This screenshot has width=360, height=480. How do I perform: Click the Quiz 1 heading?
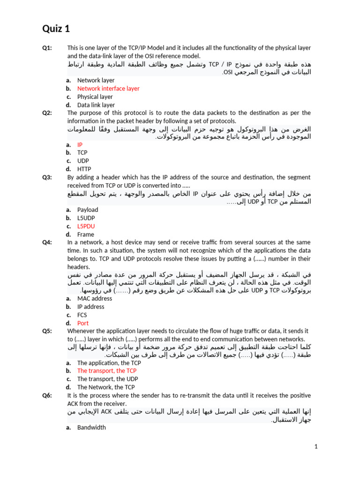56,29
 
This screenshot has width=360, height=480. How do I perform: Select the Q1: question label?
47,48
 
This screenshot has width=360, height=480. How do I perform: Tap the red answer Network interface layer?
108,88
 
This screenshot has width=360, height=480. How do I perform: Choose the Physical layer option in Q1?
95,97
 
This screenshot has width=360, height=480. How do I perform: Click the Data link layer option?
96,105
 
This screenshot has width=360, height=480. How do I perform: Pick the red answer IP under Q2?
80,145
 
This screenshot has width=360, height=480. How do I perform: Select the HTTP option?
84,169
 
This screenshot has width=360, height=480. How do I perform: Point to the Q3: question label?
47,177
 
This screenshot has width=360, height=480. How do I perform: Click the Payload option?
88,210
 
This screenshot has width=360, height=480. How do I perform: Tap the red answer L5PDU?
86,226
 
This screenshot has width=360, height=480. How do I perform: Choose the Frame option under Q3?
86,234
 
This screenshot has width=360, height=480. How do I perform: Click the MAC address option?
95,298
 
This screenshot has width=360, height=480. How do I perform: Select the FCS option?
82,315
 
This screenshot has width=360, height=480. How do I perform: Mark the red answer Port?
83,323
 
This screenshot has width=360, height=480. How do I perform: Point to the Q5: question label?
47,330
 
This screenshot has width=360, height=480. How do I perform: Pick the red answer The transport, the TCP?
107,370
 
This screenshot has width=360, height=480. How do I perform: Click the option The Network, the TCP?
106,387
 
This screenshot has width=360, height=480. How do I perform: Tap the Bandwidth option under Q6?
91,427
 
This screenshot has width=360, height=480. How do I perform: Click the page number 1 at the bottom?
316,447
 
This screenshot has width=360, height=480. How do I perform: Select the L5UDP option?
87,218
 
